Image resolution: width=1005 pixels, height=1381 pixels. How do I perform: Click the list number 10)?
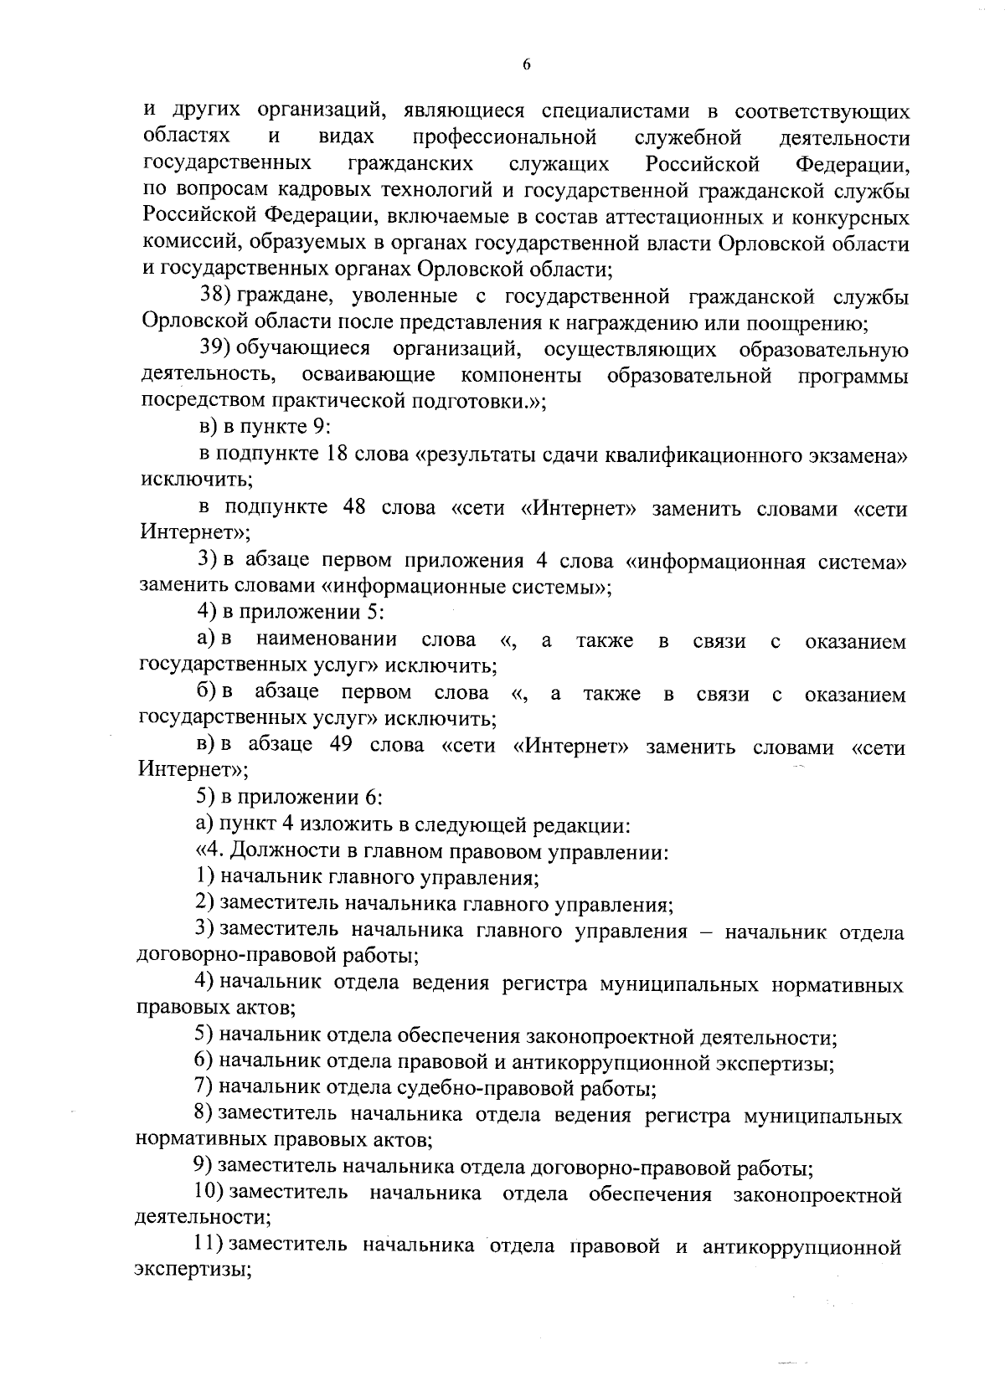[207, 1193]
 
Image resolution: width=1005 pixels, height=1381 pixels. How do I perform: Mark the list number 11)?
[207, 1245]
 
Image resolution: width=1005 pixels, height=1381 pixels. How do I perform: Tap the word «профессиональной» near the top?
[505, 136]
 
